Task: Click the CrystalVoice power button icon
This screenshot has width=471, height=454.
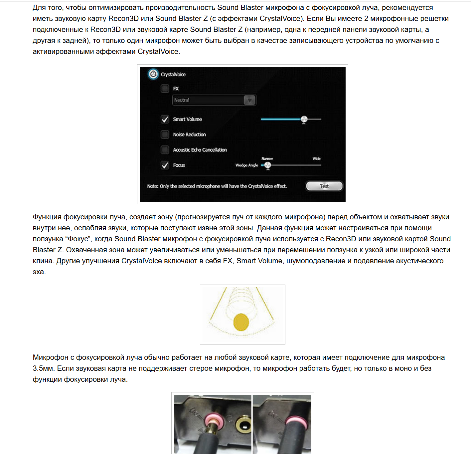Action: pos(153,74)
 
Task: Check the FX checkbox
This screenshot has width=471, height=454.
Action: pos(165,89)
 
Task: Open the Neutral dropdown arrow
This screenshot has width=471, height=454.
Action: pos(249,100)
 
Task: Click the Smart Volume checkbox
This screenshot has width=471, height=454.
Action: pos(165,119)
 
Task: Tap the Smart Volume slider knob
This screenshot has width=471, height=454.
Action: pos(304,119)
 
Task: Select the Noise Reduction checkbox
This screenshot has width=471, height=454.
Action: pos(165,134)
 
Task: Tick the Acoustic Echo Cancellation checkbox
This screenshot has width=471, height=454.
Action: pos(165,150)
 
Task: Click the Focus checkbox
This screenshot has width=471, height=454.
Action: pos(165,165)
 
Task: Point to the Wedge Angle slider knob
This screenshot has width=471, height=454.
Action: pos(268,165)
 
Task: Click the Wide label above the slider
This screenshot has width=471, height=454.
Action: pos(316,158)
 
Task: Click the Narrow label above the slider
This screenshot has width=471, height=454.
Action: pos(267,159)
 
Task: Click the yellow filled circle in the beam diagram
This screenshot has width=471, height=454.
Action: pos(241,322)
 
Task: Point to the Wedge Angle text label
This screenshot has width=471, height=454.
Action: pos(246,165)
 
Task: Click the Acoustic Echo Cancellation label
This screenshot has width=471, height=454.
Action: pos(200,150)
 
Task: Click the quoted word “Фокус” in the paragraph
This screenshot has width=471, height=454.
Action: pos(78,239)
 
